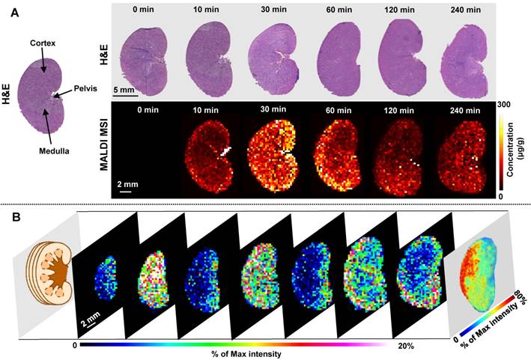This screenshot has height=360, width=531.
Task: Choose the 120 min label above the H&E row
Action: coord(401,11)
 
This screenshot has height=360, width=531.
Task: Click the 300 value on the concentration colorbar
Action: coord(504,104)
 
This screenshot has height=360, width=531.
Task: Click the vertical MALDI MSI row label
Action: coord(98,148)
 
